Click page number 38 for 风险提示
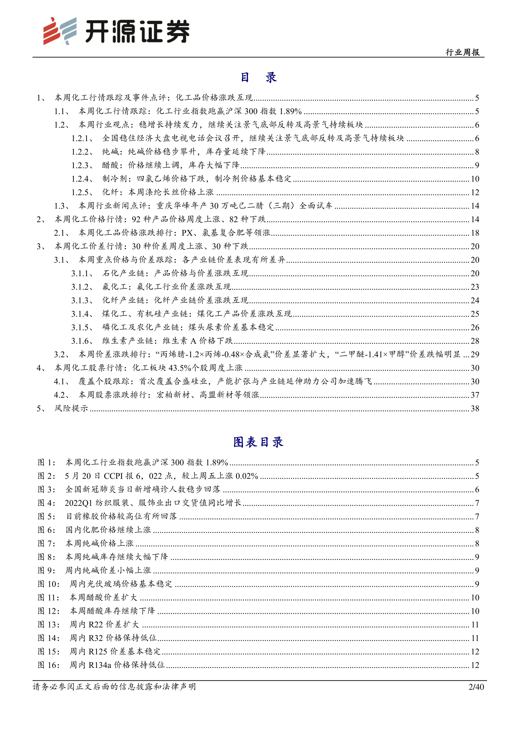click(x=475, y=408)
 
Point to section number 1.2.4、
click(x=82, y=179)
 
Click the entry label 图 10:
click(x=49, y=584)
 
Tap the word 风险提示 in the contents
click(x=71, y=408)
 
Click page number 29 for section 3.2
click(x=475, y=354)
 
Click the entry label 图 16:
click(x=49, y=665)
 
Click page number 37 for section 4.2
click(x=475, y=395)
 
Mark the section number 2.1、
click(x=61, y=233)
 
